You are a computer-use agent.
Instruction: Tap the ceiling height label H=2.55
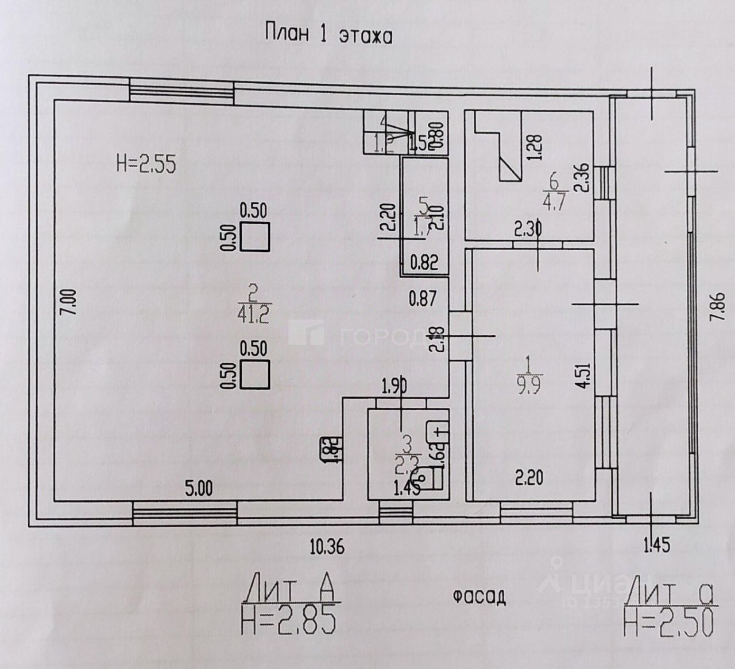146,165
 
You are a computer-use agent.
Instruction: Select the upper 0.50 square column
254,237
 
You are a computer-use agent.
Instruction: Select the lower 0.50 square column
254,374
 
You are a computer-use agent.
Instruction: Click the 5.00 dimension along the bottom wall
198,489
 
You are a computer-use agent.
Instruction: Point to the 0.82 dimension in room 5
424,263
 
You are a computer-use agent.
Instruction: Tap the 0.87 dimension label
423,298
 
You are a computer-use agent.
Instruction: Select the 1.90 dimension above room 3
395,387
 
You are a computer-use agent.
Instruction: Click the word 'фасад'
478,597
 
